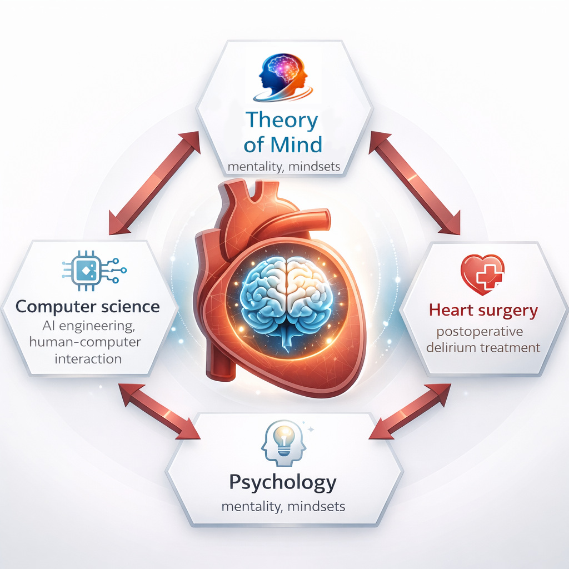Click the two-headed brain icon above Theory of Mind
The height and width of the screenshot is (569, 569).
coord(283,77)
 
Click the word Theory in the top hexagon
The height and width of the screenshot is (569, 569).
coord(282,121)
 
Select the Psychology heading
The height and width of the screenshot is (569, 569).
coord(283,483)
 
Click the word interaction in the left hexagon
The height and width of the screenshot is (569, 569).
coord(88,359)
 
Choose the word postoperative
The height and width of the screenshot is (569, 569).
coord(480,332)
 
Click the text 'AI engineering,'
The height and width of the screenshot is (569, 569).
coord(88,326)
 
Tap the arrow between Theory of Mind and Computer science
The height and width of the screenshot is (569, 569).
coord(154,183)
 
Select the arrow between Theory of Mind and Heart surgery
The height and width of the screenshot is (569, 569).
coord(415,183)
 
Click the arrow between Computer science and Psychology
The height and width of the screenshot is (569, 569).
coord(159,411)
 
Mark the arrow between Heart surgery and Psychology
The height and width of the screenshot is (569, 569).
coord(410,411)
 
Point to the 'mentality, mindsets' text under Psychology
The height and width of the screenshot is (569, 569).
coord(283,507)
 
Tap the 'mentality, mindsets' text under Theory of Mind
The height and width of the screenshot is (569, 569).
coord(284,167)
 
